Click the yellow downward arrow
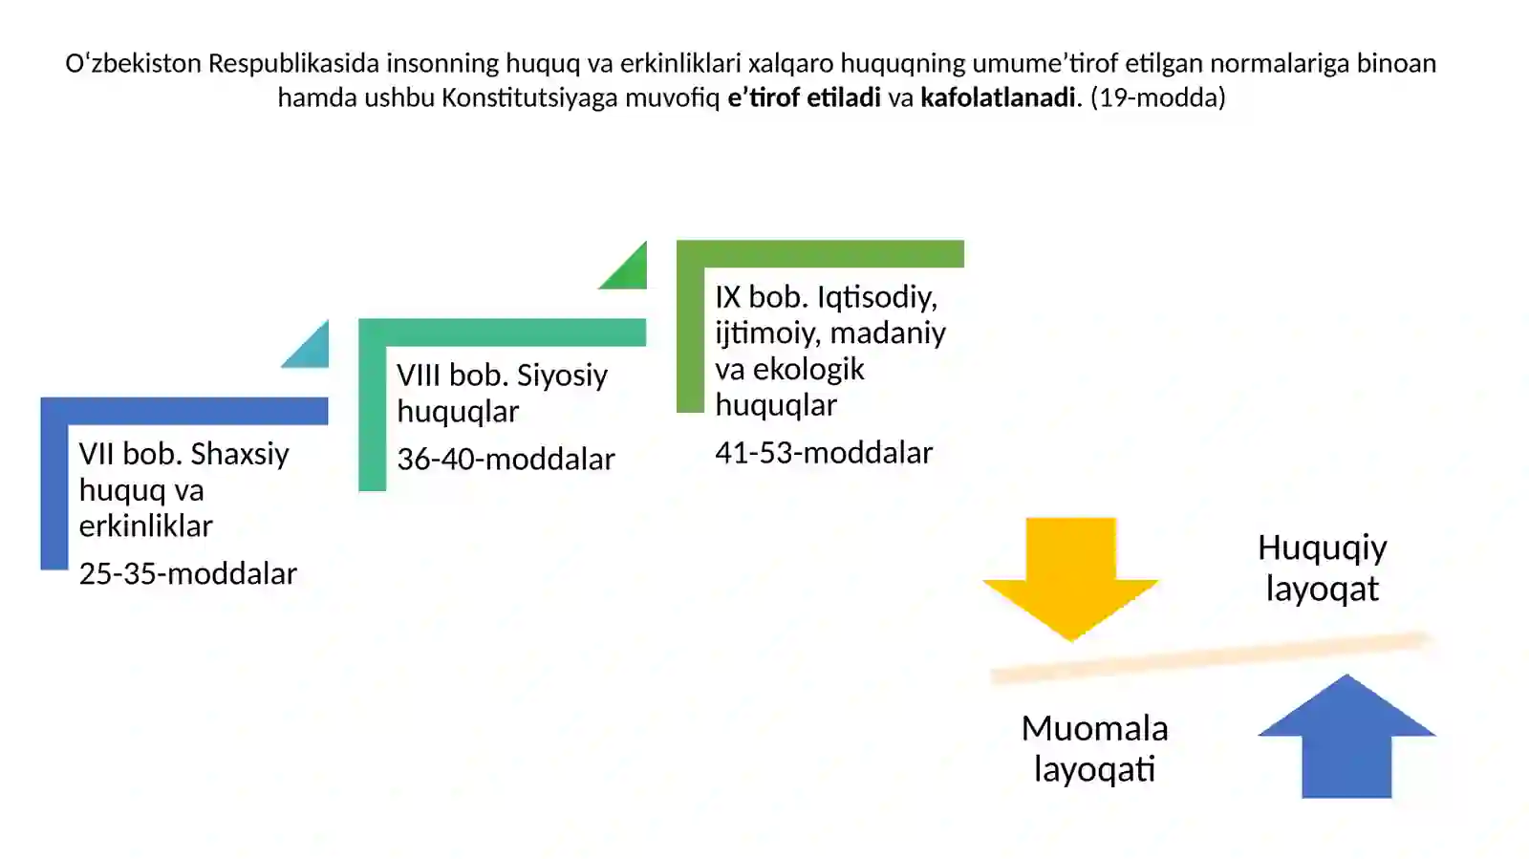click(x=1070, y=576)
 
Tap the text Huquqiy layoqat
click(x=1323, y=568)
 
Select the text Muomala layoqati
click(x=1095, y=748)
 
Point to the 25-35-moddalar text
click(x=187, y=574)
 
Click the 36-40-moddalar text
click(x=506, y=460)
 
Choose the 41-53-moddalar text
click(x=824, y=453)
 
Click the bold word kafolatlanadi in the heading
click(x=998, y=97)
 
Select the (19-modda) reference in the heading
click(x=1158, y=98)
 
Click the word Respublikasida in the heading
click(x=293, y=63)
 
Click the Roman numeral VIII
click(x=419, y=376)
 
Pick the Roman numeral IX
click(x=727, y=297)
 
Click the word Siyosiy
click(x=562, y=376)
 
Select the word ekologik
click(x=808, y=369)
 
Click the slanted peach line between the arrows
click(x=1209, y=657)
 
